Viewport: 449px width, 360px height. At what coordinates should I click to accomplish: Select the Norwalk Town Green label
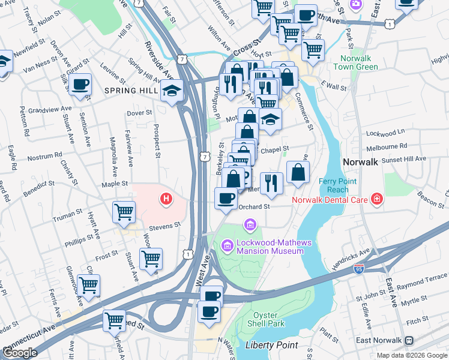tap(360, 63)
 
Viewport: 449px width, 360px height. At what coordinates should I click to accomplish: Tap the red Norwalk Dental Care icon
tap(376, 199)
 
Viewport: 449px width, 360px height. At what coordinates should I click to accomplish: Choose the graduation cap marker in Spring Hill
tap(172, 91)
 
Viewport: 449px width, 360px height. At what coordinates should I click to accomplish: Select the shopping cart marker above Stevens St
tap(124, 211)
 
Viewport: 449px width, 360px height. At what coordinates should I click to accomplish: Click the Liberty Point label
tap(271, 345)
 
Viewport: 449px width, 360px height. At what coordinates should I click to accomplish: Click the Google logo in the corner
tap(20, 353)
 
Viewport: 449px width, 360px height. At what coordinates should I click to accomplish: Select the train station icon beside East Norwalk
tap(409, 340)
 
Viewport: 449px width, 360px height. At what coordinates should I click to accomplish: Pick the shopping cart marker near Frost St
tap(151, 258)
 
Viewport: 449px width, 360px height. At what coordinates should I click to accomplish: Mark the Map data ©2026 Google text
tap(411, 355)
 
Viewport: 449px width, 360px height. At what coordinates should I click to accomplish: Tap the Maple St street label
tap(115, 184)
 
